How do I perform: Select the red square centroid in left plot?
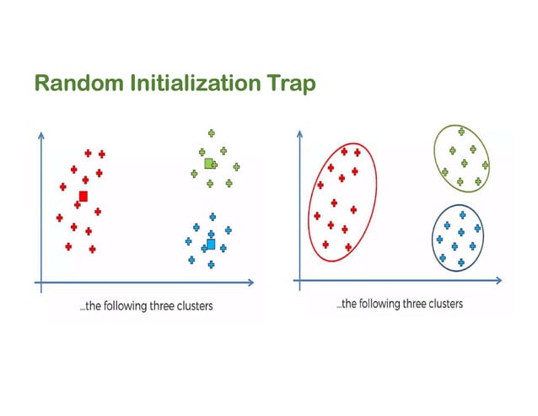coord(83,197)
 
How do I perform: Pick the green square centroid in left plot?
coord(208,162)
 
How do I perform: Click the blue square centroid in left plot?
coord(211,245)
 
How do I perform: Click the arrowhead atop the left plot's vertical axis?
coord(40,133)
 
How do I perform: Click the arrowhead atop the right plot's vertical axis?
coord(297,132)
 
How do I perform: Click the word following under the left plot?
coord(119,305)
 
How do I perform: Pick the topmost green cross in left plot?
coord(211,132)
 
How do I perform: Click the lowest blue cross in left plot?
coord(211,264)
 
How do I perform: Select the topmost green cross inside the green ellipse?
coord(460,131)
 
